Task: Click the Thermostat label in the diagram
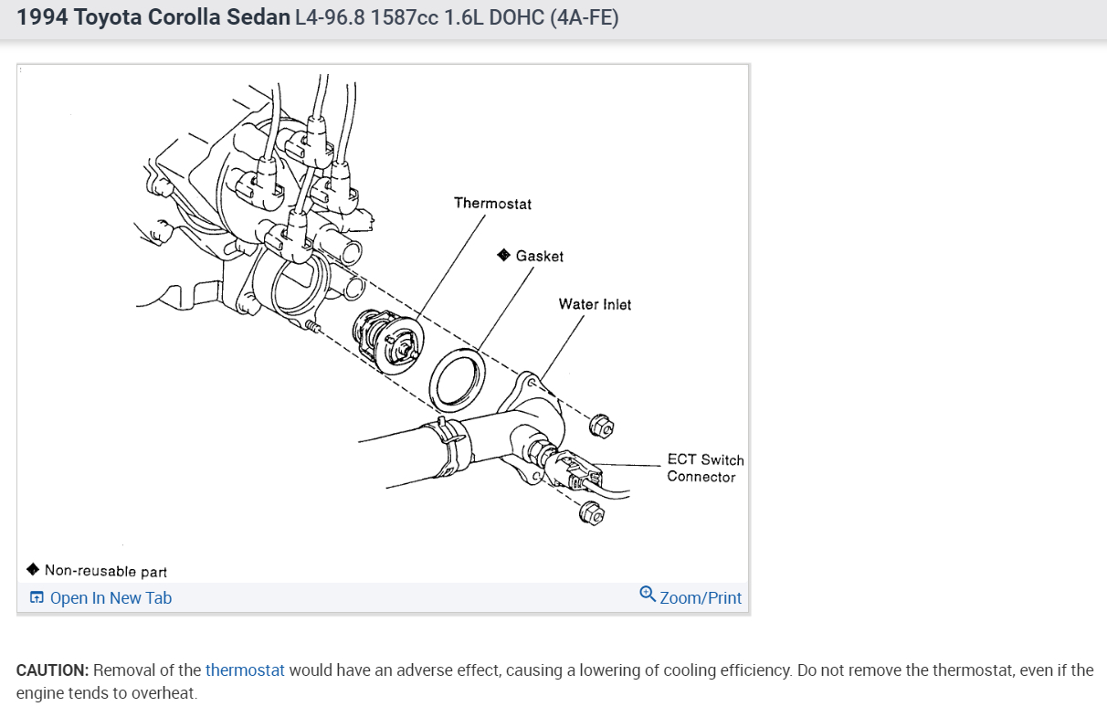click(492, 204)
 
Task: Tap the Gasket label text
click(539, 257)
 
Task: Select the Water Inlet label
click(595, 304)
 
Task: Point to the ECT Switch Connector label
click(704, 468)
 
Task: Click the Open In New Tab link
click(111, 598)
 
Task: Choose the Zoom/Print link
click(701, 598)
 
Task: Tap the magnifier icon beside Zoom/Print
click(648, 595)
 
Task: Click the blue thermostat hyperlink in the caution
click(245, 670)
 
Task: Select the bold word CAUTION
click(52, 670)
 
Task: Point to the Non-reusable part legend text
click(106, 571)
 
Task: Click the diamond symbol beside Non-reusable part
click(33, 570)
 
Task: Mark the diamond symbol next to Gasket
click(503, 256)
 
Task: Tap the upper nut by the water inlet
click(601, 425)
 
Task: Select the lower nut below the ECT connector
click(591, 514)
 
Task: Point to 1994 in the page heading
click(41, 17)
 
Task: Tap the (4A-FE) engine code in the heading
click(585, 17)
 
